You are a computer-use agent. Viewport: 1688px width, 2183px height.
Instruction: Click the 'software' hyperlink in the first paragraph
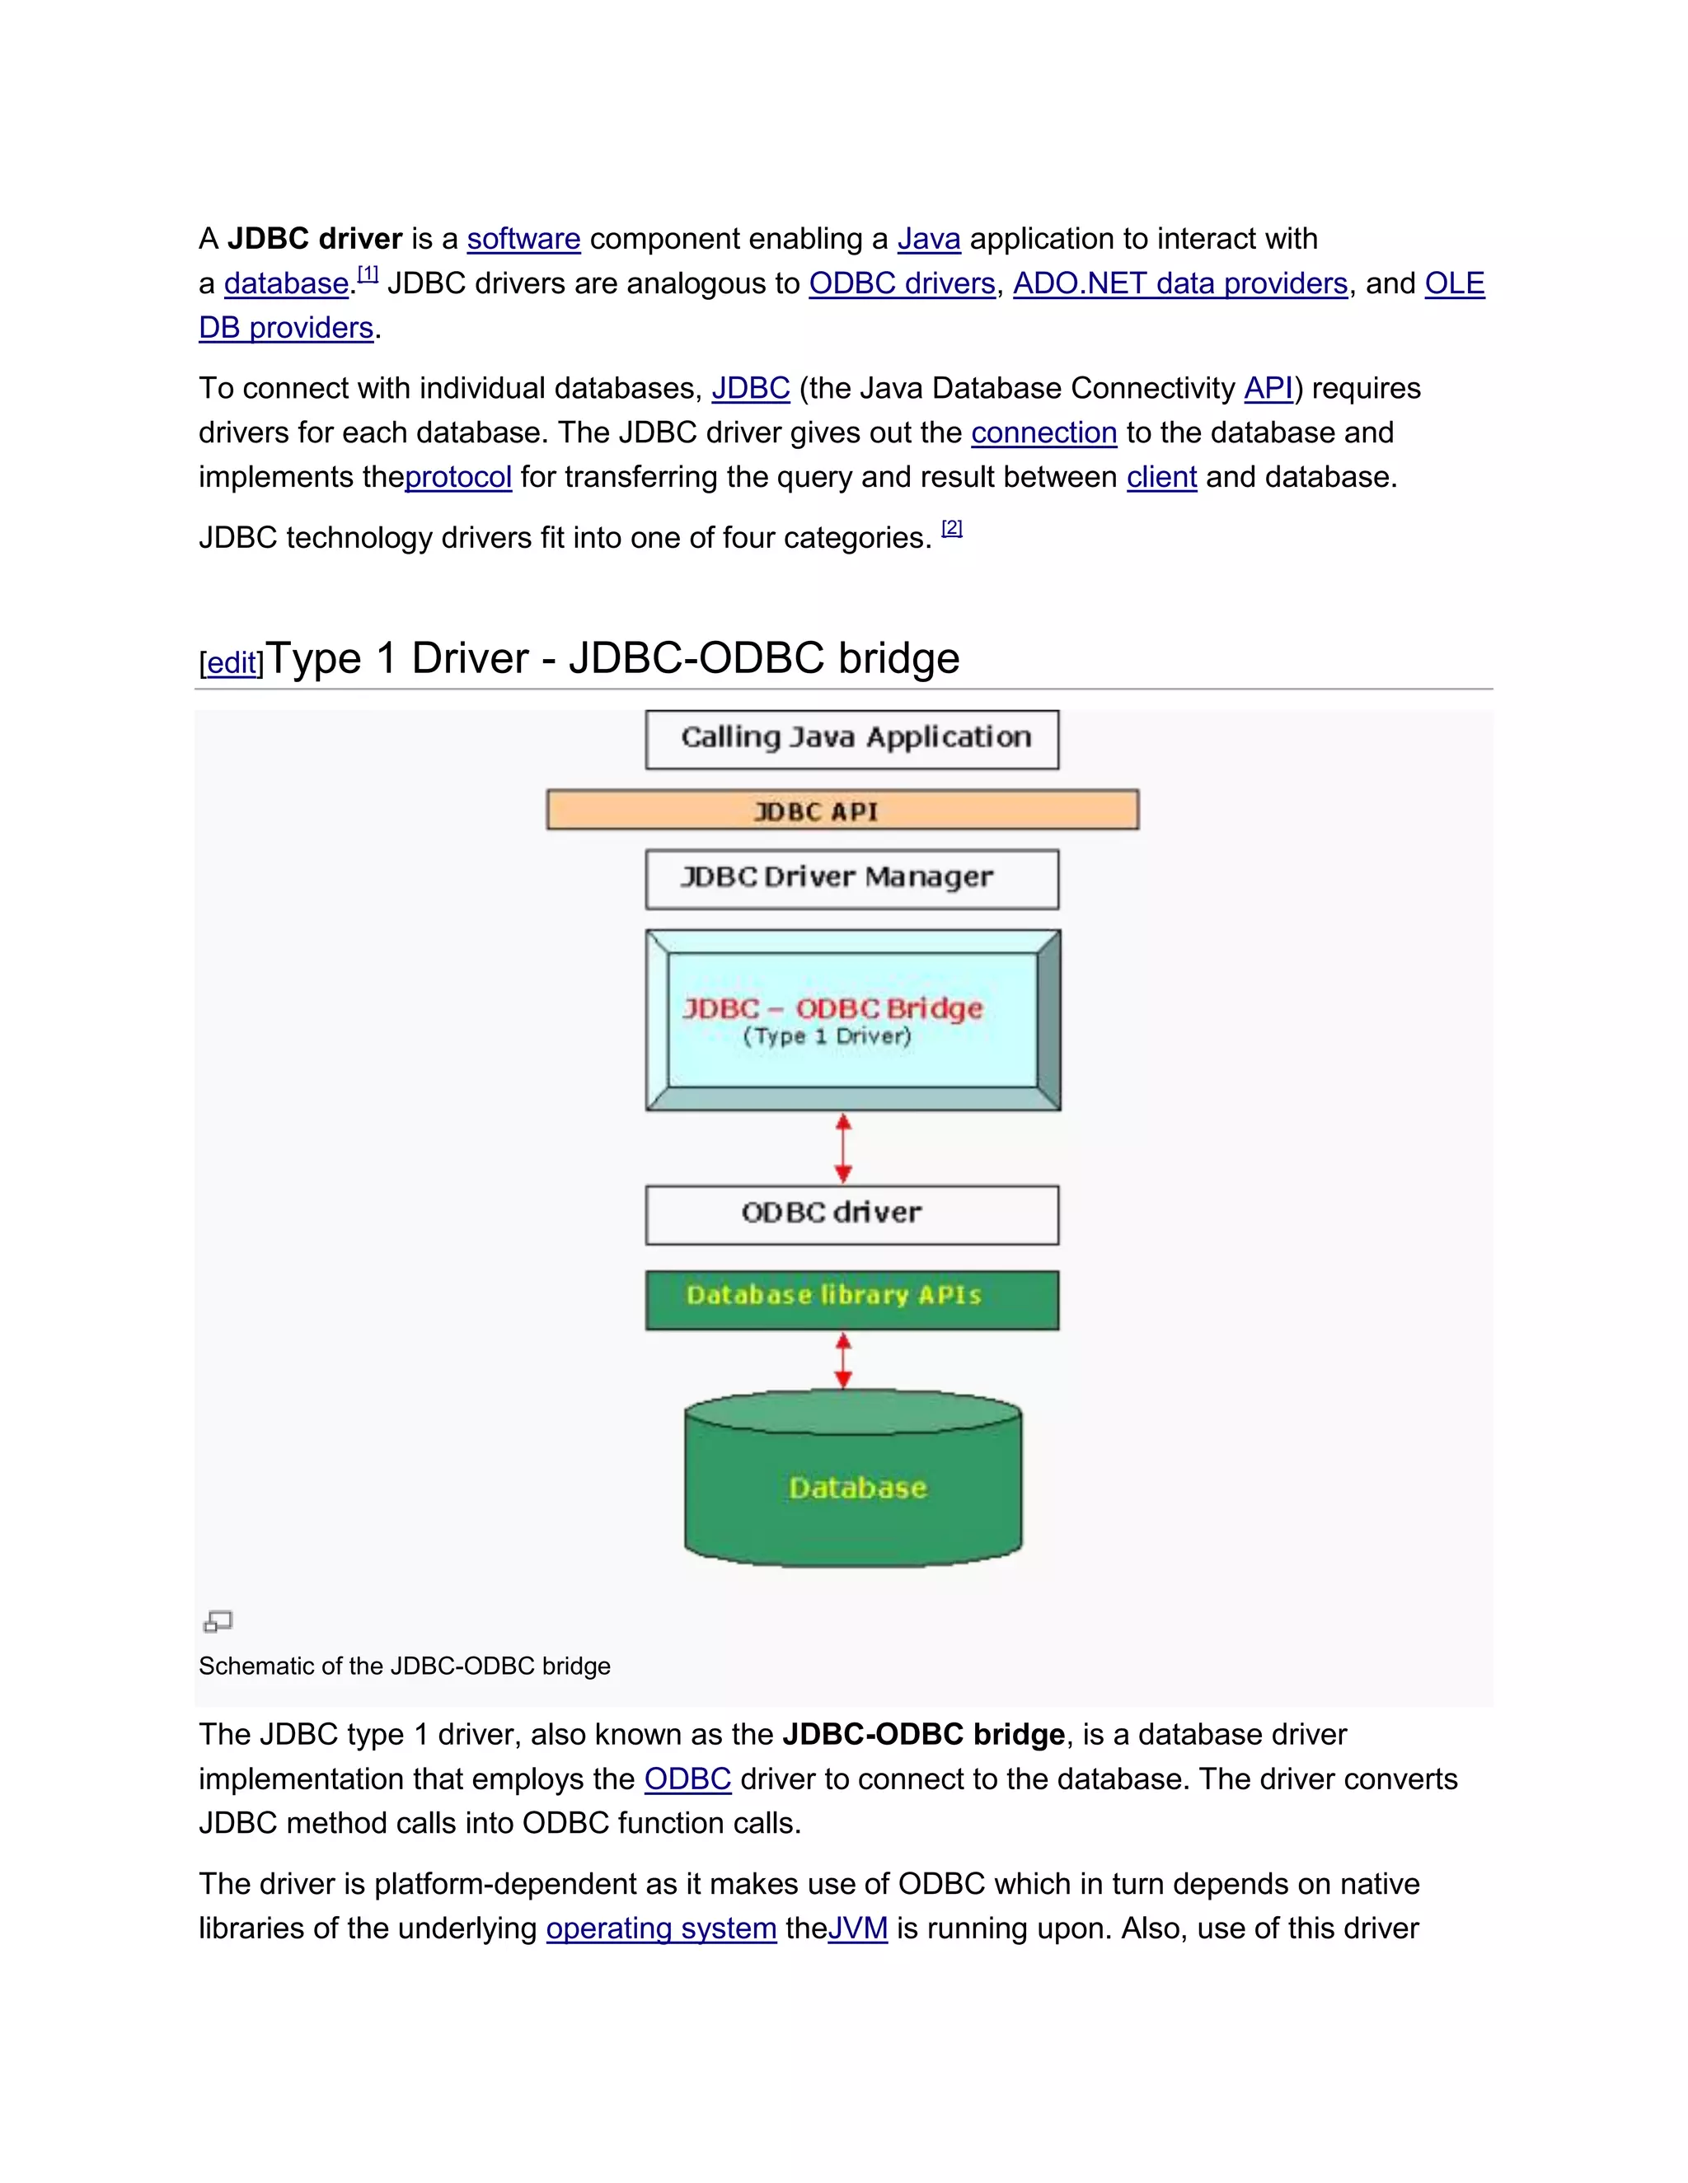(523, 239)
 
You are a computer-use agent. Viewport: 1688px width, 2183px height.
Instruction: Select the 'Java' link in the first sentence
(928, 239)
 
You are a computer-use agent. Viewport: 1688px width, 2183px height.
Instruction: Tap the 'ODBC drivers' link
(901, 284)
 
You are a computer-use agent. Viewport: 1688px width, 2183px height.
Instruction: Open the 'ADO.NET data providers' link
(1180, 284)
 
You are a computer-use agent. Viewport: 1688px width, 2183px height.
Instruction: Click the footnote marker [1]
(367, 273)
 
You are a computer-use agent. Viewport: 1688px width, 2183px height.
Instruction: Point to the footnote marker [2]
(951, 528)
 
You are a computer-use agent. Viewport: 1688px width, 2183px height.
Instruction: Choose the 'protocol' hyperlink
(458, 478)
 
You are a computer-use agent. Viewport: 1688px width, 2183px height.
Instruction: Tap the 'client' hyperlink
(1161, 478)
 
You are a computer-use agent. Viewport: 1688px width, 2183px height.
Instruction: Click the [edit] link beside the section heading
(231, 662)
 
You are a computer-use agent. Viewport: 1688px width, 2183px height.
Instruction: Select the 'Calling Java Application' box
(852, 740)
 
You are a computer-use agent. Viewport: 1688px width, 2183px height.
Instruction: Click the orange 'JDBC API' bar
(842, 810)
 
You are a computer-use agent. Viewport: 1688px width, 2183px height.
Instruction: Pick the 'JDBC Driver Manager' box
(852, 879)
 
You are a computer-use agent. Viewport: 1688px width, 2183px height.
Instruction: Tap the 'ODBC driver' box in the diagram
(852, 1214)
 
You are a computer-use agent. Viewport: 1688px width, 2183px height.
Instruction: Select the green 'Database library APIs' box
(852, 1298)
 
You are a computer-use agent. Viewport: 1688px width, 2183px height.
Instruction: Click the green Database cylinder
(853, 1486)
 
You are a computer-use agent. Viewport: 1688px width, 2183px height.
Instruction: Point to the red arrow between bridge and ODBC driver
(843, 1148)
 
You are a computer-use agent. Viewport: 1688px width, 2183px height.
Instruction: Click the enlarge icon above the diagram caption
(217, 1621)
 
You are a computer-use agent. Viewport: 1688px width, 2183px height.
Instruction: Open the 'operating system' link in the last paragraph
(661, 1929)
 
